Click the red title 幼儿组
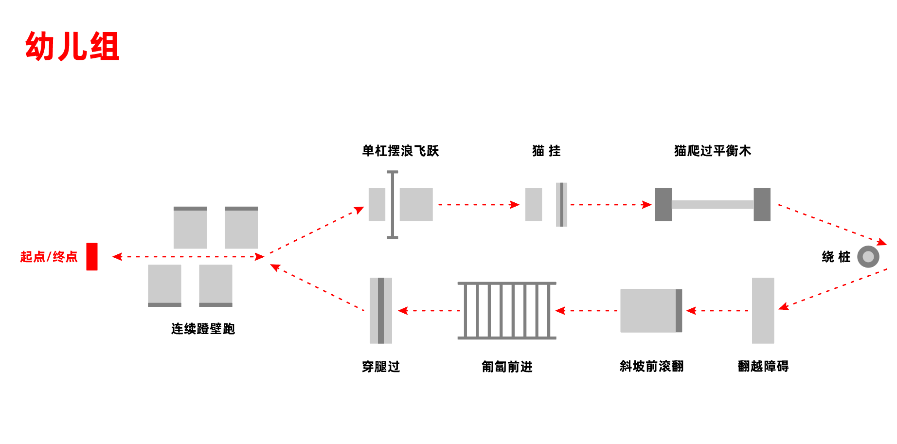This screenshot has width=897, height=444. click(x=72, y=47)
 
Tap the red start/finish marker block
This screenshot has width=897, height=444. click(x=92, y=256)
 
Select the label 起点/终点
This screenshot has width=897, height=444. click(x=49, y=257)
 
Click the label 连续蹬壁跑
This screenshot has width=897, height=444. click(x=203, y=329)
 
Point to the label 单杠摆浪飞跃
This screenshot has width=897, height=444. click(x=400, y=151)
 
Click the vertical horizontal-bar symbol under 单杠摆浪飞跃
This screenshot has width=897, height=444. click(x=392, y=205)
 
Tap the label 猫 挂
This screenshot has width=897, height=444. click(x=546, y=151)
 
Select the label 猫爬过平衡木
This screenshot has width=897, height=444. click(x=713, y=151)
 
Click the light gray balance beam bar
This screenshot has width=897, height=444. click(x=713, y=205)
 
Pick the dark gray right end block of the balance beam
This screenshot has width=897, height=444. click(x=762, y=205)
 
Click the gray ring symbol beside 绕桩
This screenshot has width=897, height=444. click(x=868, y=257)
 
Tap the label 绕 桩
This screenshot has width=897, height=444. click(x=836, y=257)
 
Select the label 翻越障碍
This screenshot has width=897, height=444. click(x=763, y=366)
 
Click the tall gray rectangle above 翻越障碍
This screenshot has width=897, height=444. click(x=763, y=310)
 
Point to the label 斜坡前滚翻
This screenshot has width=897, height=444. click(x=651, y=366)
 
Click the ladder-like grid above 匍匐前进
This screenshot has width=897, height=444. click(x=507, y=310)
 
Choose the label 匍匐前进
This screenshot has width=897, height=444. click(x=507, y=367)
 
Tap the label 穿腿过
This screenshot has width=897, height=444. click(x=381, y=367)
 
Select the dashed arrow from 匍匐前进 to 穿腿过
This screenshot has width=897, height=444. click(x=428, y=310)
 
